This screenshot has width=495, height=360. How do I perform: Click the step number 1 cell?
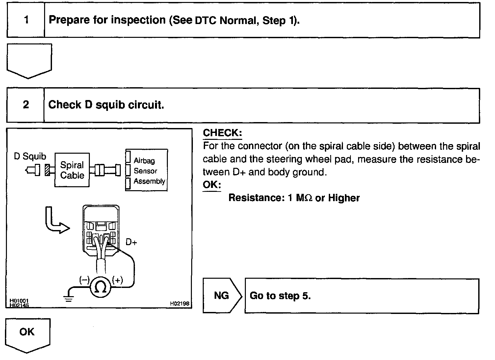[x=26, y=20]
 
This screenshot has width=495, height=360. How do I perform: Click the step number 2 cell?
[x=26, y=105]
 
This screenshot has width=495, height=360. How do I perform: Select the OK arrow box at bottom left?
[x=27, y=333]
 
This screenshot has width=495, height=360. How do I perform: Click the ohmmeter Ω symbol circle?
[x=100, y=288]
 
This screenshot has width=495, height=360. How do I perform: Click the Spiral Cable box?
[x=72, y=170]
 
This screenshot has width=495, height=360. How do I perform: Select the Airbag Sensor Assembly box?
[x=147, y=170]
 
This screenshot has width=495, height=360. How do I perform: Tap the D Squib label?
[x=30, y=156]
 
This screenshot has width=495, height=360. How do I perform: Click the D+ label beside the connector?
[x=131, y=242]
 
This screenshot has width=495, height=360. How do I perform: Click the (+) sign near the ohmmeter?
[x=117, y=280]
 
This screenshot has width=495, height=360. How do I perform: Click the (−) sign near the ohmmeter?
[x=84, y=280]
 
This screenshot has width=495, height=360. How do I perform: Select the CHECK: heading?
[x=222, y=133]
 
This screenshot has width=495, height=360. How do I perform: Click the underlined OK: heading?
[x=212, y=185]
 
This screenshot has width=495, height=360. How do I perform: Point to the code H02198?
[x=180, y=303]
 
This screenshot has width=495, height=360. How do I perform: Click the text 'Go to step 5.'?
[x=280, y=296]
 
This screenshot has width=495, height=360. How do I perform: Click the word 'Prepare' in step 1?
[x=69, y=20]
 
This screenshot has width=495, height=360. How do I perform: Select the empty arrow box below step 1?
[x=29, y=60]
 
